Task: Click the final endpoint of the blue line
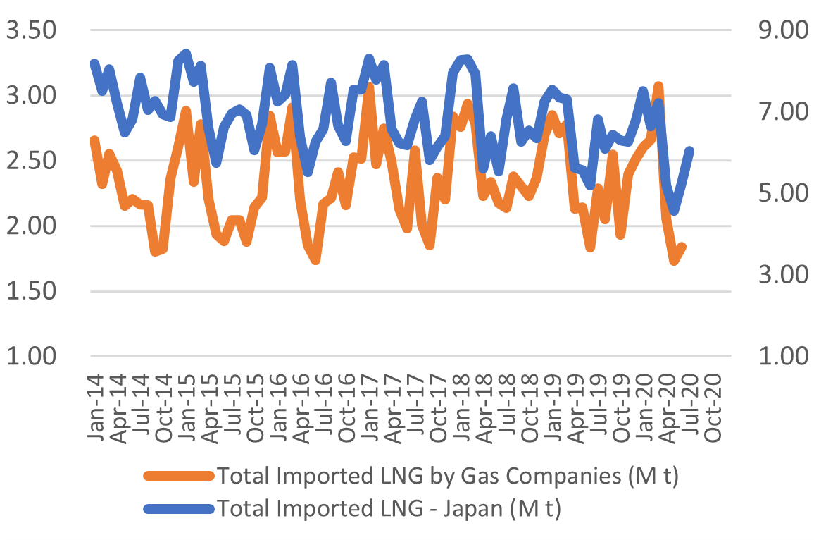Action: pyautogui.click(x=690, y=150)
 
